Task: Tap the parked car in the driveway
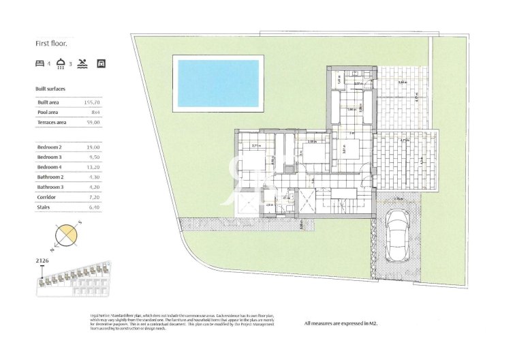click(396, 235)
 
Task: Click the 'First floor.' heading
click(51, 43)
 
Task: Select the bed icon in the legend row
click(40, 63)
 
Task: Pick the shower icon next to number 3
click(61, 63)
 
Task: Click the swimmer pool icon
click(82, 63)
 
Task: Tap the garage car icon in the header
click(101, 63)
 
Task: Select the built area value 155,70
click(91, 102)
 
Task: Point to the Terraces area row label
click(52, 122)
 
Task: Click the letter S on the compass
click(80, 223)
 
